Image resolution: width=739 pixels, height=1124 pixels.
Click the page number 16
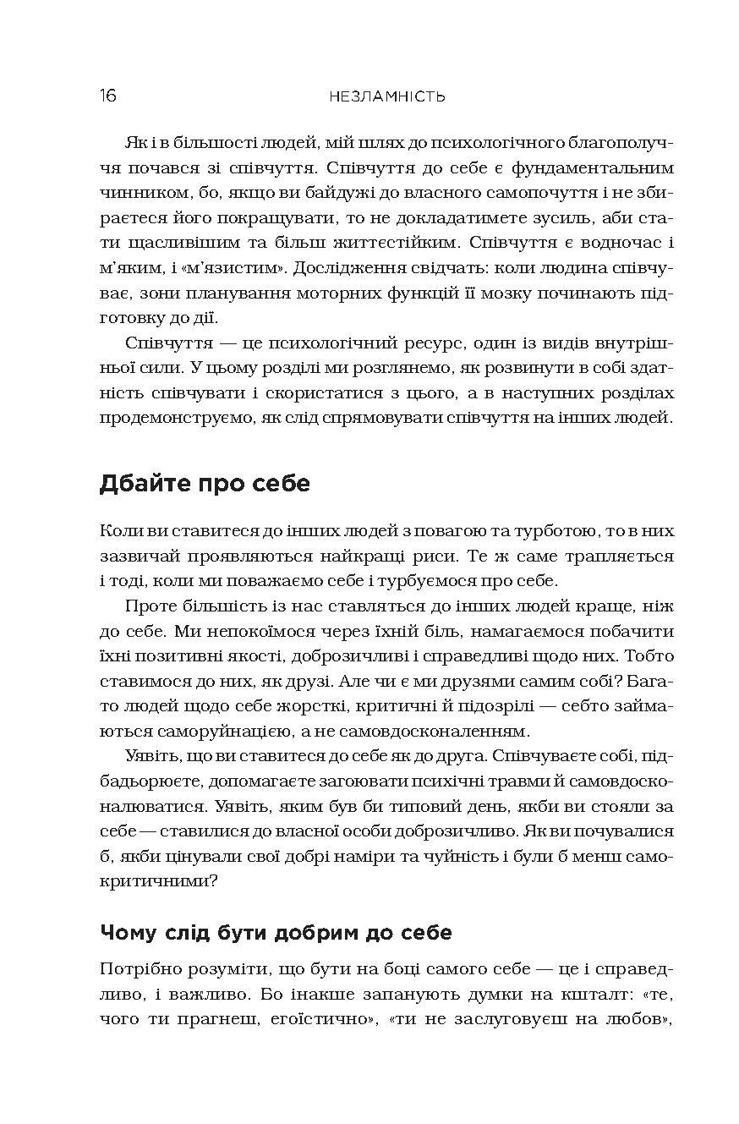click(107, 96)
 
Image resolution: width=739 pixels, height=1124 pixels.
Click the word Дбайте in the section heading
click(145, 484)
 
